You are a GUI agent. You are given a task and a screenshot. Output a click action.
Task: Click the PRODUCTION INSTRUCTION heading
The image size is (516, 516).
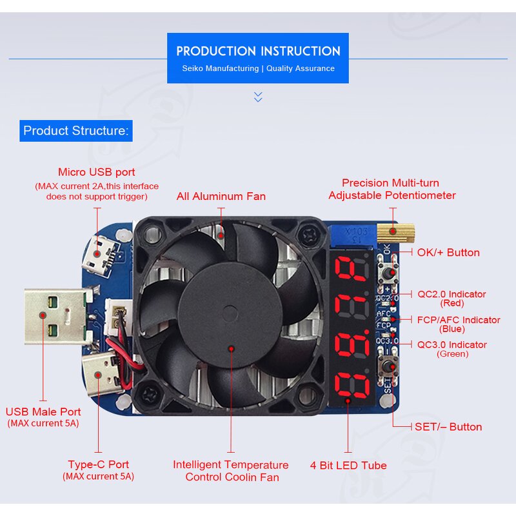(258, 51)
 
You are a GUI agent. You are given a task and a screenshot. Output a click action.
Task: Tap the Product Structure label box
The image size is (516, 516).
(75, 131)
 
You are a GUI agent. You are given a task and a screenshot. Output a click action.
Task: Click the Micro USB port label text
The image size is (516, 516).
(97, 172)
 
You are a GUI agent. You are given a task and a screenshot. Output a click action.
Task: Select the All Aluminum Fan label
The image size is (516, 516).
(221, 196)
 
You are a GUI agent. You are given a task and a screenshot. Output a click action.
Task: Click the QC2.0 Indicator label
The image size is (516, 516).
(451, 294)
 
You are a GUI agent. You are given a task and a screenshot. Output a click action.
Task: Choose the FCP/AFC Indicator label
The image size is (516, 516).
(459, 320)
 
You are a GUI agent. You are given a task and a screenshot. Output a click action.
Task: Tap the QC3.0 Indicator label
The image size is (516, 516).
(452, 344)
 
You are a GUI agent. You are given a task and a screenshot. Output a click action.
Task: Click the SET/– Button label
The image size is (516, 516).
(448, 426)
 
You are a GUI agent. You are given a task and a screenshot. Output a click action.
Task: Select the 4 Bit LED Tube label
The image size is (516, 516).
(348, 465)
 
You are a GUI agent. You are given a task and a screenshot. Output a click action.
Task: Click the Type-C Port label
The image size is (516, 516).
(99, 464)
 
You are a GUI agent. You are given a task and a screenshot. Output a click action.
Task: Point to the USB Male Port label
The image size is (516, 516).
(43, 412)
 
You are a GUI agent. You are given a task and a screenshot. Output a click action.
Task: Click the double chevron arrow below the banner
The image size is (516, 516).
(258, 97)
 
